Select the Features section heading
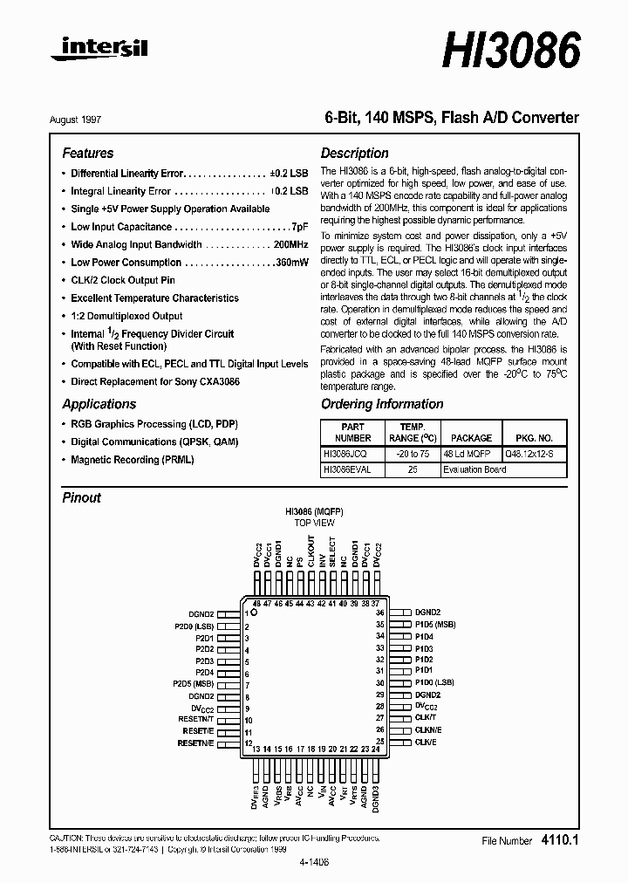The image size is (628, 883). (87, 153)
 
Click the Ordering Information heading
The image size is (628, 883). (382, 404)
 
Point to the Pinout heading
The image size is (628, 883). (81, 497)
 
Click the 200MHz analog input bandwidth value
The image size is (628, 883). (290, 245)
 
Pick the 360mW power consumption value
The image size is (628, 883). (290, 263)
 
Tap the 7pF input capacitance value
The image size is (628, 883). (298, 227)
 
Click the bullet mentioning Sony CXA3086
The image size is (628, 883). (155, 382)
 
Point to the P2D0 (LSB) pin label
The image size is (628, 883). (193, 626)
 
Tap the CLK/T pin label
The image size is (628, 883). (426, 716)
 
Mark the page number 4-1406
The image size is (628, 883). (315, 859)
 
